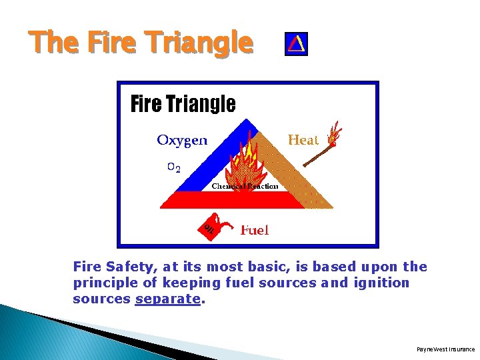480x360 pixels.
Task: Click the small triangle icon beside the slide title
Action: (296, 44)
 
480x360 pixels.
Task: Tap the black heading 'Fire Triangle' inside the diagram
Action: (183, 104)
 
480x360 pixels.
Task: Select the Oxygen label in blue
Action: (182, 140)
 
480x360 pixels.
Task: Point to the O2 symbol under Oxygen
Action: (173, 167)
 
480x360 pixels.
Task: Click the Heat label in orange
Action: (303, 140)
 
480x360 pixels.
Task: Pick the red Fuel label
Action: (255, 230)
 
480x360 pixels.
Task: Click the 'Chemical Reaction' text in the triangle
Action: (245, 186)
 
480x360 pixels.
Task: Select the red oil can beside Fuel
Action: (212, 226)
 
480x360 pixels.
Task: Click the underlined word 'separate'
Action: (168, 299)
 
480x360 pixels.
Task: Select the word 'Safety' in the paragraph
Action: (131, 267)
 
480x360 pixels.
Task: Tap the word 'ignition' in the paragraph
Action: (383, 283)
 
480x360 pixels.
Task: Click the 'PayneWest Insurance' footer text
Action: (445, 349)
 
